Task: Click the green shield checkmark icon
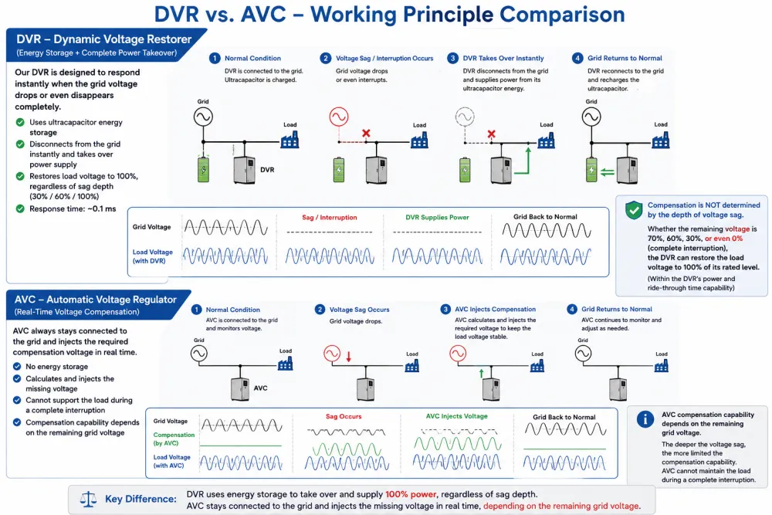(634, 210)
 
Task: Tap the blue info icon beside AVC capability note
(645, 419)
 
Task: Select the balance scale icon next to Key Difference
(89, 500)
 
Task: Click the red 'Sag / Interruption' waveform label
(330, 217)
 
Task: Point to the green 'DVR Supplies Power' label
(437, 217)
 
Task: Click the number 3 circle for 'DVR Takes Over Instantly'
(452, 58)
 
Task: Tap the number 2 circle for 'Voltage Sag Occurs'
(320, 309)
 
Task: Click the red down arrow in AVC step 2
(349, 357)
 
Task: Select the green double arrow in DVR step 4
(608, 172)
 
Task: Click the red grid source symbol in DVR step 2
(339, 117)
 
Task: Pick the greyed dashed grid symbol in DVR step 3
(465, 117)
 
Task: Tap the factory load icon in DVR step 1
(289, 140)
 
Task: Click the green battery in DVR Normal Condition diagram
(203, 169)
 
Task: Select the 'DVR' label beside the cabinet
(267, 170)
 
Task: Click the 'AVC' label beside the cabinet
(260, 388)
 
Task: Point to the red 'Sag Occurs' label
(344, 416)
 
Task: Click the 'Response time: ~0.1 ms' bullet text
(73, 208)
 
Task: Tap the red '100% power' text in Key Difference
(411, 494)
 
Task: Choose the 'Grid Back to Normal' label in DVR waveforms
(545, 217)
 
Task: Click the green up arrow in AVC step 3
(482, 373)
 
